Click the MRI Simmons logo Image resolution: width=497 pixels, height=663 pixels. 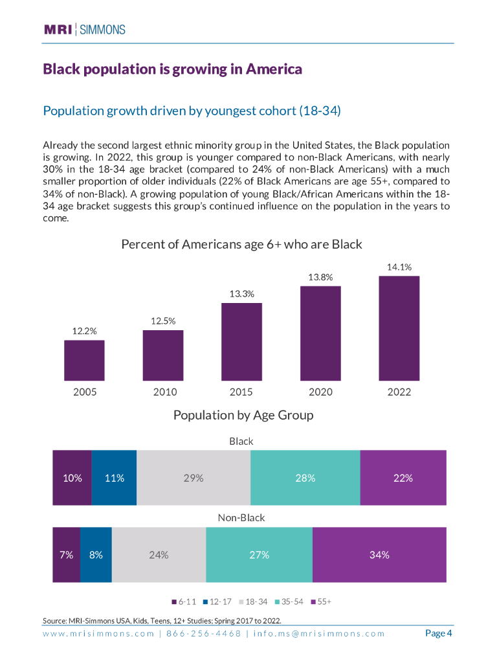84,29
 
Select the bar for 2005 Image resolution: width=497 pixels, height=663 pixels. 84,360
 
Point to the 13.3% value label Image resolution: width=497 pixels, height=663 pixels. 241,294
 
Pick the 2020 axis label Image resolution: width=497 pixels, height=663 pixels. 320,392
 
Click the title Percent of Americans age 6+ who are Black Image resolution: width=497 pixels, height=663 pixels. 241,245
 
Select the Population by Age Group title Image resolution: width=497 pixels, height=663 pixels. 243,415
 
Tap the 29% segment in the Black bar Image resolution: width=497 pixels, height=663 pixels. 193,478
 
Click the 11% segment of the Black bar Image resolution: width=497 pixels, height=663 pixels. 114,478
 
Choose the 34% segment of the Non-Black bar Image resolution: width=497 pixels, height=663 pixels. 379,555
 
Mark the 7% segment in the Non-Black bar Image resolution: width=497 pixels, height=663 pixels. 66,555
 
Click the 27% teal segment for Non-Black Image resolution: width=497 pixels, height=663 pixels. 259,555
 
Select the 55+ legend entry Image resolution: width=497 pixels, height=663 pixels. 322,601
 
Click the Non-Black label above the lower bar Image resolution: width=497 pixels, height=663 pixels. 241,518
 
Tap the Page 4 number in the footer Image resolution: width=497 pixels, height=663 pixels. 438,633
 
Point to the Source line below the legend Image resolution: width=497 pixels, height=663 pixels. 162,620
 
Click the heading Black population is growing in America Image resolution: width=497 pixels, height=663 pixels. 172,69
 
